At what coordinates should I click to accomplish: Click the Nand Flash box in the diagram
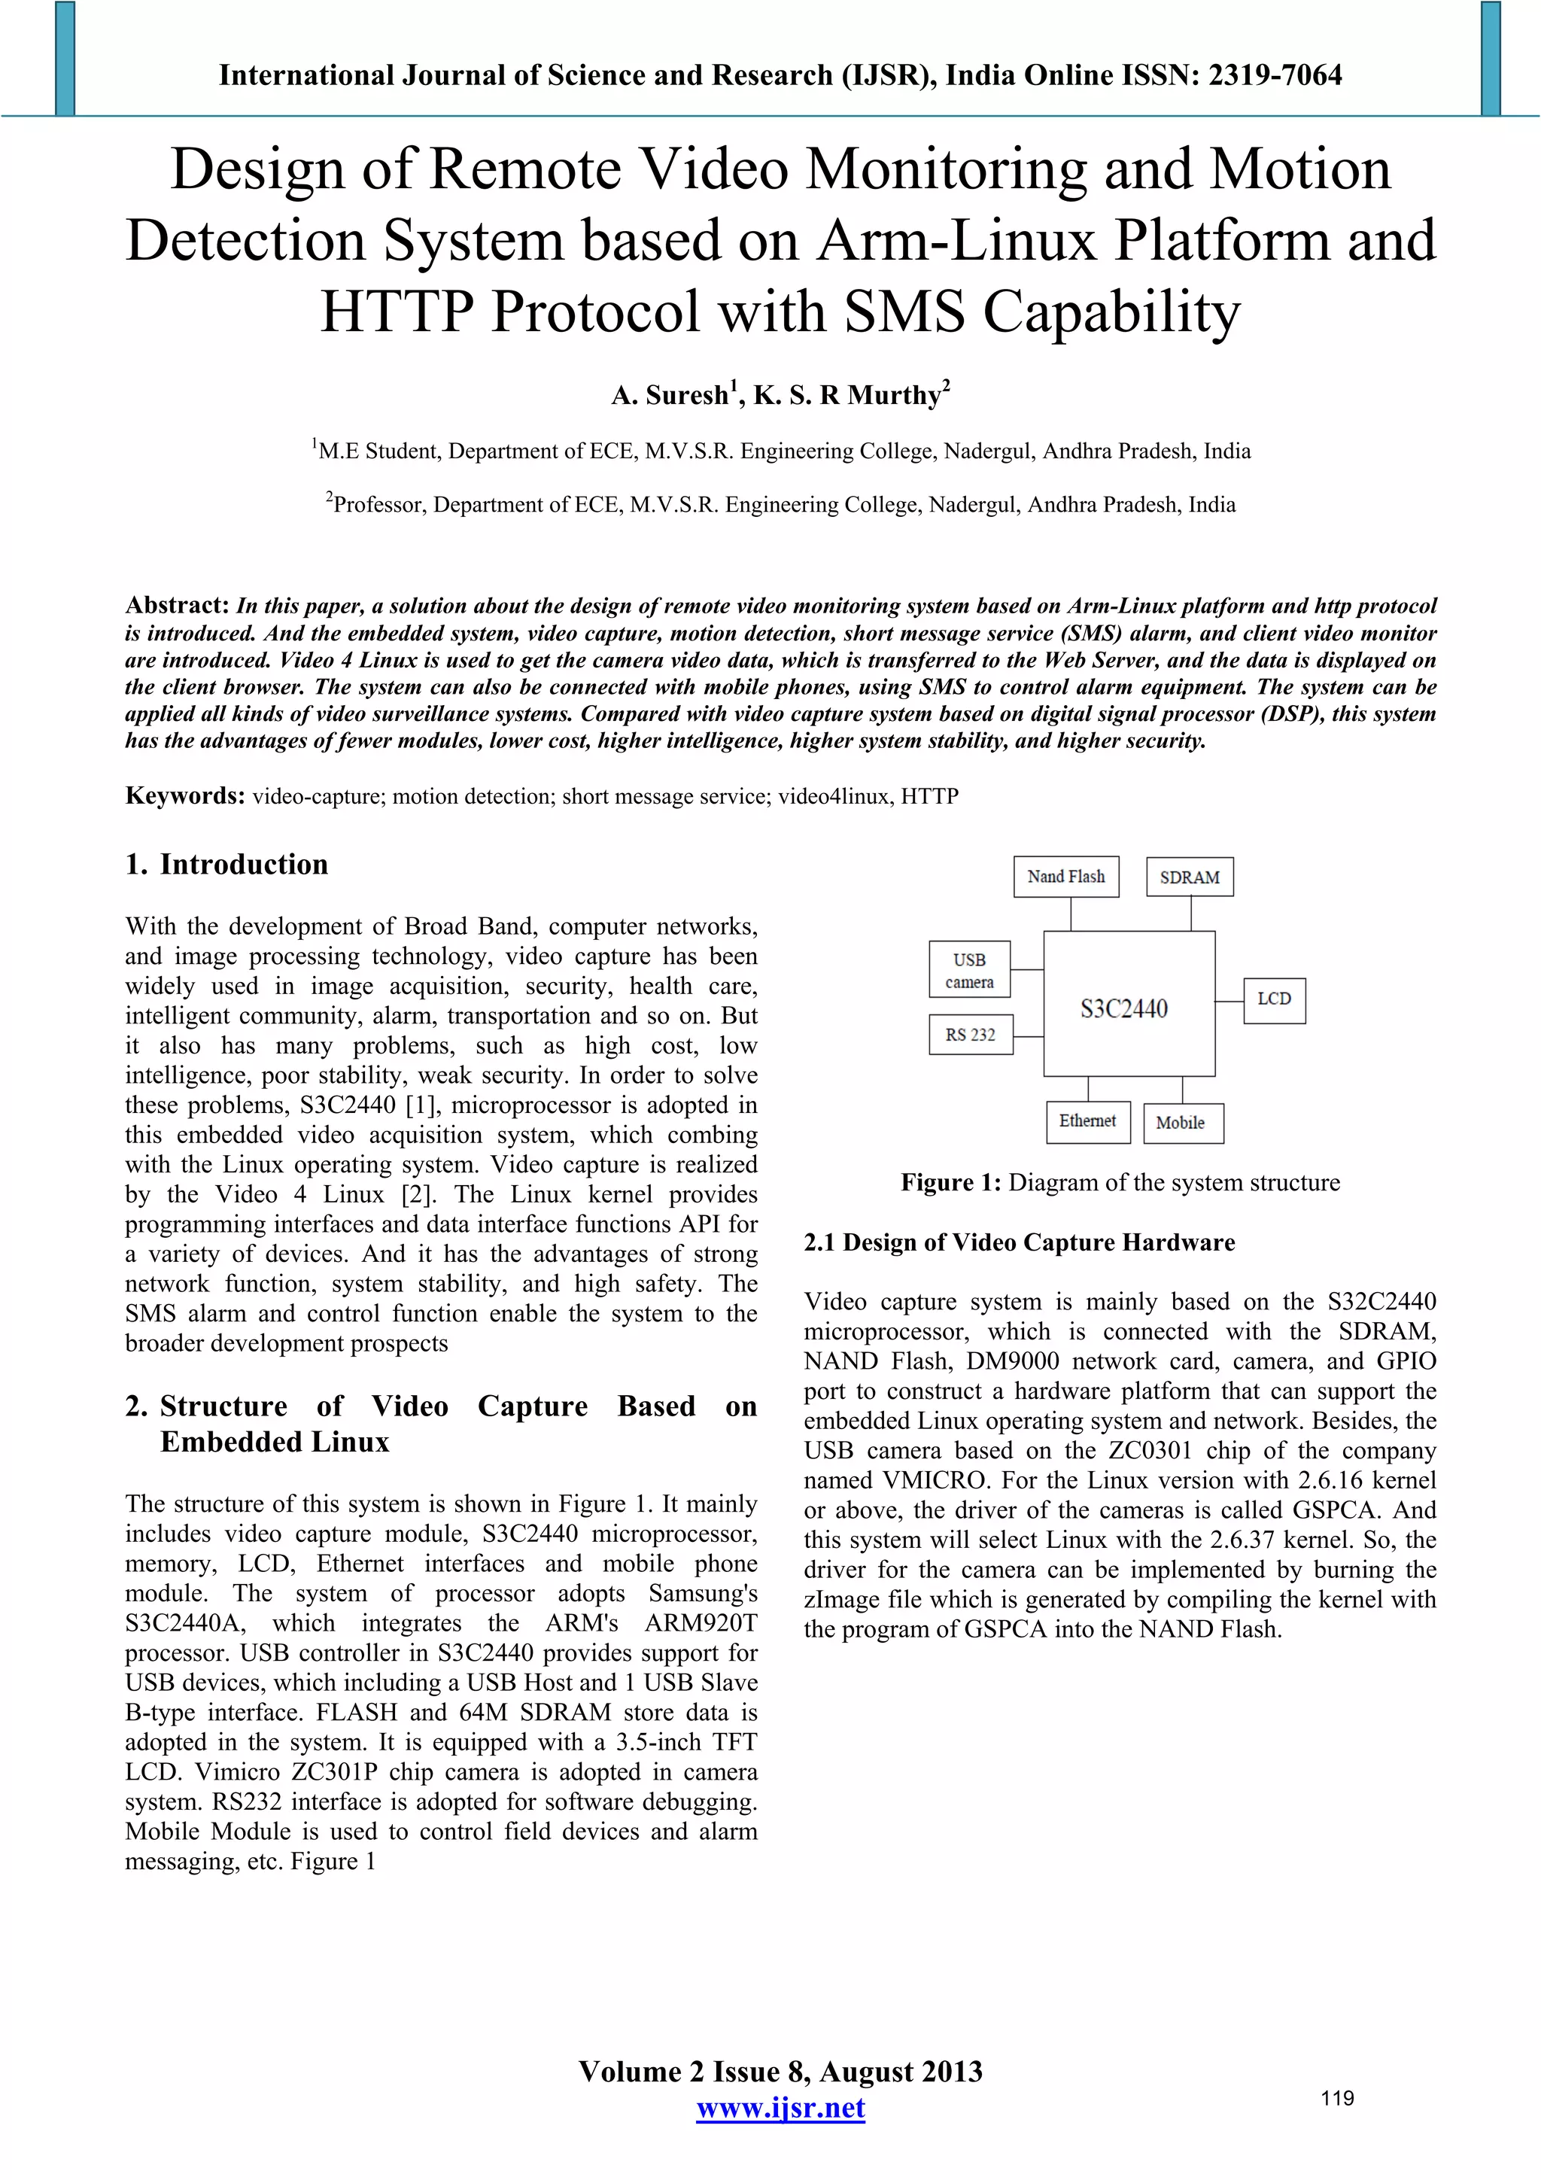pos(1065,877)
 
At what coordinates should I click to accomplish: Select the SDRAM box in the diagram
pos(1190,877)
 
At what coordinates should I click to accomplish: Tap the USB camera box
pos(968,969)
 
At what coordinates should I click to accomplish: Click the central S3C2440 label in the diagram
pos(1124,1008)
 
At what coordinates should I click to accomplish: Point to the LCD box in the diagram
pos(1274,1000)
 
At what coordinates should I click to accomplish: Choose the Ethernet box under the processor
pos(1088,1121)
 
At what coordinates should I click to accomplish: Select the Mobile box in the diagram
pos(1182,1123)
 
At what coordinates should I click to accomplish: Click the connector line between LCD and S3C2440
pos(1229,1001)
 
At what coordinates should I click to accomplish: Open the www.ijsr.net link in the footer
pos(780,2109)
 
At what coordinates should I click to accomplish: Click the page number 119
pos(1337,2098)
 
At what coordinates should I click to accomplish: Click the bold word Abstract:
pos(178,606)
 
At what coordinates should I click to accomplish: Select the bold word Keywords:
pos(186,795)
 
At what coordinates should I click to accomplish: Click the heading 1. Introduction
pos(227,864)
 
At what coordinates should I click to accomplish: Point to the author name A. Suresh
pos(670,395)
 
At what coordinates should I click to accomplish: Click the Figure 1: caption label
pos(950,1183)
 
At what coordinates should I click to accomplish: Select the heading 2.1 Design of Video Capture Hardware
pos(1019,1243)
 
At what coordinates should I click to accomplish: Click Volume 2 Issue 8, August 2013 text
pos(780,2072)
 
